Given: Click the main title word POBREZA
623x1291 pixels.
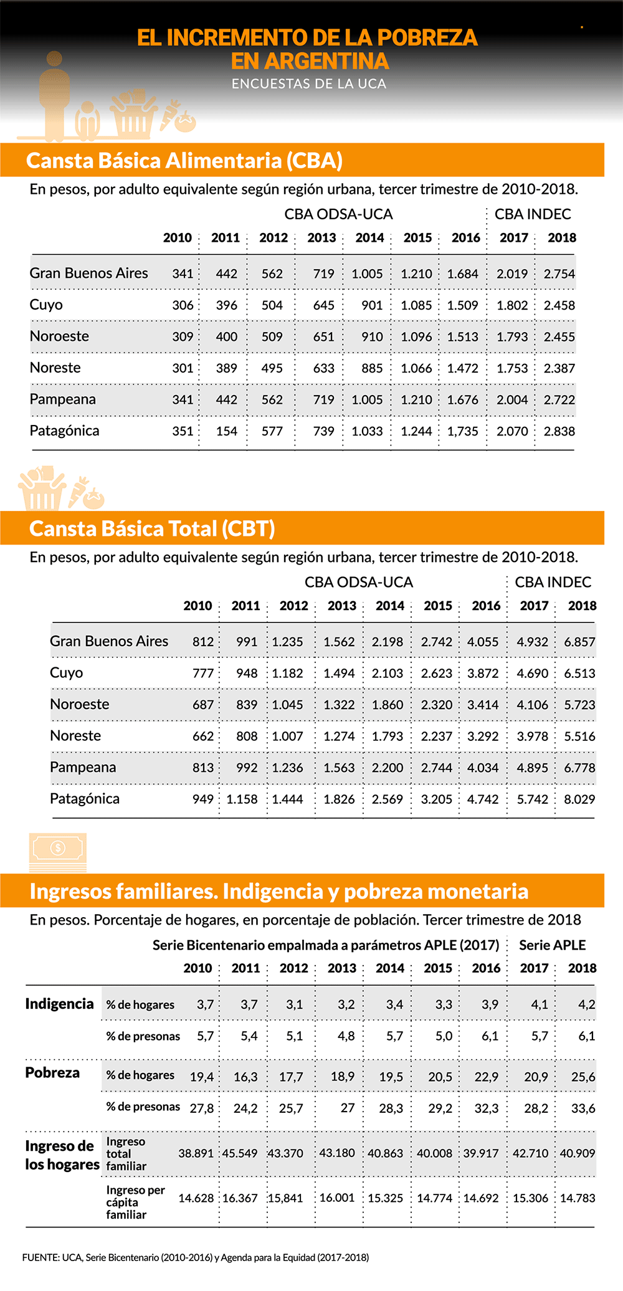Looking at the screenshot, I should (427, 38).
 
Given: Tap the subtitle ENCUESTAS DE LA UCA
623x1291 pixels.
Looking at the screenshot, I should (309, 84).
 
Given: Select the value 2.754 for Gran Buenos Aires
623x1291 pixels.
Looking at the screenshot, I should (559, 274).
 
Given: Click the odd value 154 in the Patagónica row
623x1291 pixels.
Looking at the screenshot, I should (226, 431).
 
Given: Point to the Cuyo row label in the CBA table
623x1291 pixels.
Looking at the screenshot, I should (46, 305).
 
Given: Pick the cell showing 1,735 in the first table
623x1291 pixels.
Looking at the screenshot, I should (462, 431).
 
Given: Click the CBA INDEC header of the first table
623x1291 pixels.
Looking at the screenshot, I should (533, 214).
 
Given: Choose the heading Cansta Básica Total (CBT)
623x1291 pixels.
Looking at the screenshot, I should (152, 529).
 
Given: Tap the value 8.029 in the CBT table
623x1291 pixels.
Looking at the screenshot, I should (579, 799).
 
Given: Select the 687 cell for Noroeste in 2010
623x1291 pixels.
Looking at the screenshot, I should (203, 705).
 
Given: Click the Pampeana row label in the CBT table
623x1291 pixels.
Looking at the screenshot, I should (83, 767).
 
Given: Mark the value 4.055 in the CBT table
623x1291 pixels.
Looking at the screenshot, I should (483, 642).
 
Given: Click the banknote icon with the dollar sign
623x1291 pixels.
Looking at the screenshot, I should (58, 850).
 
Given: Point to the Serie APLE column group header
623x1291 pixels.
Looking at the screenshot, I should (552, 945).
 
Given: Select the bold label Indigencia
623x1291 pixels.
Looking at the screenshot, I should (59, 1004).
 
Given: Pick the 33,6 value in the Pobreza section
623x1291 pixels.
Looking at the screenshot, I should (583, 1108).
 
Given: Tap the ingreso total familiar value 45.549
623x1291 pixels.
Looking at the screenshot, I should (240, 1153).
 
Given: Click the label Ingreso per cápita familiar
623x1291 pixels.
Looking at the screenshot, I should (135, 1202).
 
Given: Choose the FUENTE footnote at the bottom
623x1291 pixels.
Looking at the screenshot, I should (196, 1258).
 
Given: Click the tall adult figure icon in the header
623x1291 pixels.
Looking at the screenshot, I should (55, 93).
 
